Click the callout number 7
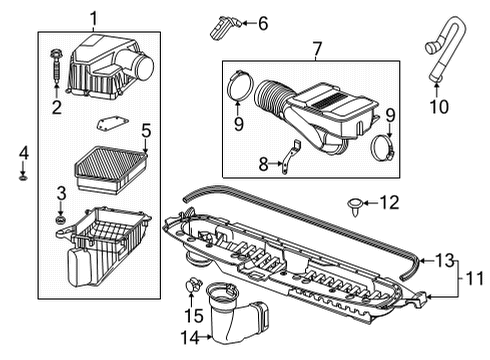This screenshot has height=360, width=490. pyautogui.click(x=317, y=47)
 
